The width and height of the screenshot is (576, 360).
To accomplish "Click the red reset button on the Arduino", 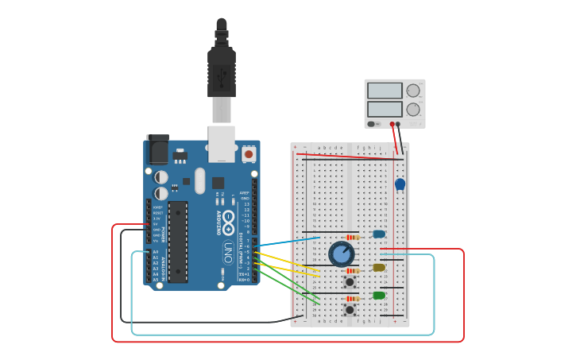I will coord(249,154).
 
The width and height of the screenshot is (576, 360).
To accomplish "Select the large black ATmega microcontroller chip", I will coord(178,242).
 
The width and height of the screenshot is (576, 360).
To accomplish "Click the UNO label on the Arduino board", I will coord(228,253).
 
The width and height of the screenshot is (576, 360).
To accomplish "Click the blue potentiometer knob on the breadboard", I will coord(342,254).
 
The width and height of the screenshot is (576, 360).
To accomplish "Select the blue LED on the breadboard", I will coord(379,234).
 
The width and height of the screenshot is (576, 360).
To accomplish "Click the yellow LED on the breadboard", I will coord(379,268).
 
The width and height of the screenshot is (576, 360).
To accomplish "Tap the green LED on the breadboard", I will coord(379,296).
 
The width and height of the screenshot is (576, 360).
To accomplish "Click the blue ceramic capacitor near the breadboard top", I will coord(400,184).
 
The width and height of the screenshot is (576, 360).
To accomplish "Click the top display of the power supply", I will coord(385,91).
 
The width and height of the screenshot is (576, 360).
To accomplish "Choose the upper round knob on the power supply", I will coord(413,91).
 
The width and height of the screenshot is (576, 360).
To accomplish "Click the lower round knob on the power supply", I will coord(413,109).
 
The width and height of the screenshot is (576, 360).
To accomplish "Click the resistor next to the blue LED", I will coord(353,236).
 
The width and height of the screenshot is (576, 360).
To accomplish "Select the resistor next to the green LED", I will coord(353,298).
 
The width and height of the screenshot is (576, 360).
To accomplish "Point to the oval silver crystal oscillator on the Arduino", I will coord(199,180).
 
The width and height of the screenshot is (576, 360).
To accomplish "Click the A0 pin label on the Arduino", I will coord(156,252).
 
